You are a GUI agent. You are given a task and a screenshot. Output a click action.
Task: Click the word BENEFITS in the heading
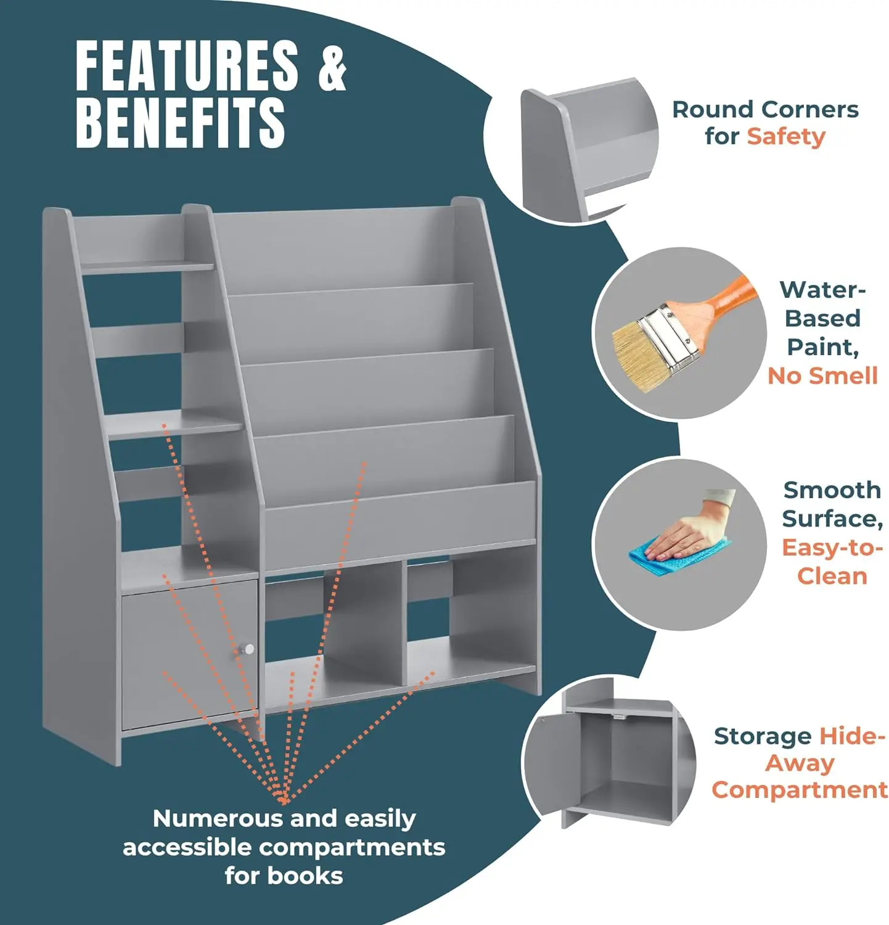click(180, 122)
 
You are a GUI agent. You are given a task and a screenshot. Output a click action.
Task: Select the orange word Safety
click(785, 136)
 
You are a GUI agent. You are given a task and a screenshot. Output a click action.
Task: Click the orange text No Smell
click(822, 376)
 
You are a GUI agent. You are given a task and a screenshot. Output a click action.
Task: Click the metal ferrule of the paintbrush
click(671, 336)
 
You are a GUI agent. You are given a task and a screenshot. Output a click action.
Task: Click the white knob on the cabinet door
click(248, 648)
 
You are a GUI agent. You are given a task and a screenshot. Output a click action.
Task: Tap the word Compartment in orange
click(799, 790)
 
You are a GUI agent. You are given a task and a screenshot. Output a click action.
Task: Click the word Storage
click(762, 736)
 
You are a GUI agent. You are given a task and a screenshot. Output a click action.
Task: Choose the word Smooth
click(832, 490)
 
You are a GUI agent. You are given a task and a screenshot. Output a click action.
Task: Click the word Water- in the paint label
click(822, 290)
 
